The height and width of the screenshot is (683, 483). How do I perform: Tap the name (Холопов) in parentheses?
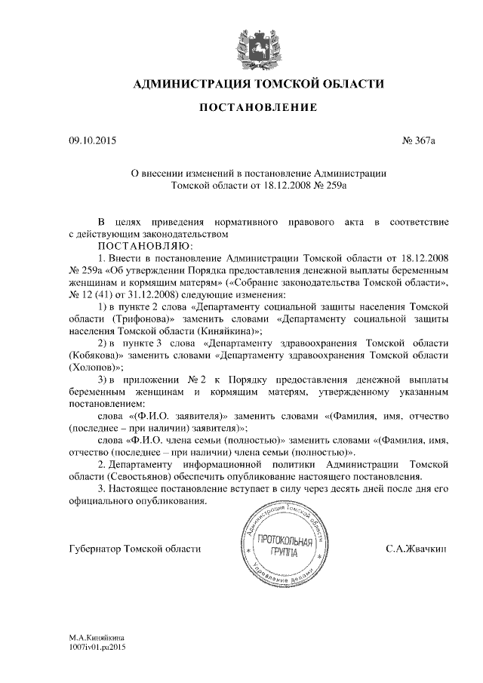(96, 368)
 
